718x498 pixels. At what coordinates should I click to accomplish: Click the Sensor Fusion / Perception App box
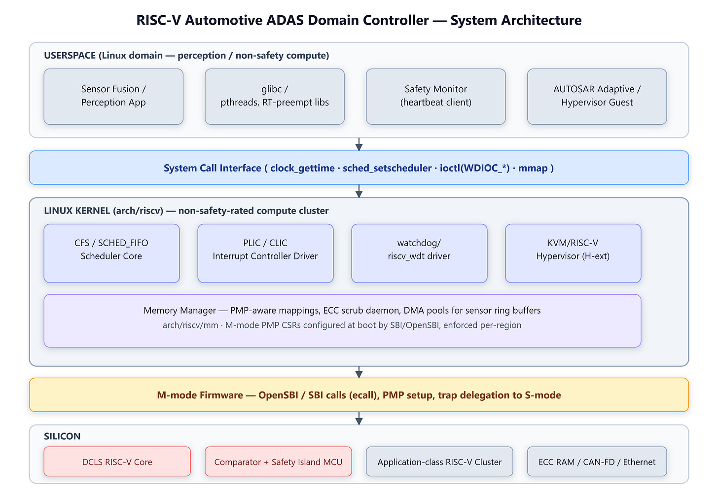(113, 97)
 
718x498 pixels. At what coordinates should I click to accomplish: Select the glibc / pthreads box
(275, 97)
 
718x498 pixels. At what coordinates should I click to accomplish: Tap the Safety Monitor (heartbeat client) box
(436, 97)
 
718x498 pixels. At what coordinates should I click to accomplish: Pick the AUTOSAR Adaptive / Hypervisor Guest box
(597, 97)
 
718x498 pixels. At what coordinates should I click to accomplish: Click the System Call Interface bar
(359, 168)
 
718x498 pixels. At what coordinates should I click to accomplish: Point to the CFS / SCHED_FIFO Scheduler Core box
(111, 253)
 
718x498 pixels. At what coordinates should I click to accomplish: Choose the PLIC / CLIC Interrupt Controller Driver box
(265, 253)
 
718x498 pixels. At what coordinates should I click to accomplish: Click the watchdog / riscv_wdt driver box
(419, 253)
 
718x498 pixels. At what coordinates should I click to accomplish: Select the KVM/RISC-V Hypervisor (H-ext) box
(573, 253)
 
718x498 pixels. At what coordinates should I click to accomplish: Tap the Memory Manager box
(342, 321)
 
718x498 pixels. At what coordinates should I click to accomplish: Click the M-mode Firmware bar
(359, 395)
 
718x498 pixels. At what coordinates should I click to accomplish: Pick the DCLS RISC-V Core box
(117, 462)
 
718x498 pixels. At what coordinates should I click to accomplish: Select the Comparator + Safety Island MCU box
(278, 462)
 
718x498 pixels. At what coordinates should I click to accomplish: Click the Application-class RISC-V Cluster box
(439, 462)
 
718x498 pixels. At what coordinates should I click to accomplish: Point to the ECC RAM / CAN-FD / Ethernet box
(597, 462)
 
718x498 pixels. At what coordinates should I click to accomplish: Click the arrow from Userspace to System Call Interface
(359, 144)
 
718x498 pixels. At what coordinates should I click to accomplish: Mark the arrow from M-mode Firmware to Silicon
(359, 418)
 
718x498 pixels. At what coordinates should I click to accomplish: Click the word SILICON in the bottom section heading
(62, 436)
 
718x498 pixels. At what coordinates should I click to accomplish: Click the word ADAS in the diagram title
(285, 20)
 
